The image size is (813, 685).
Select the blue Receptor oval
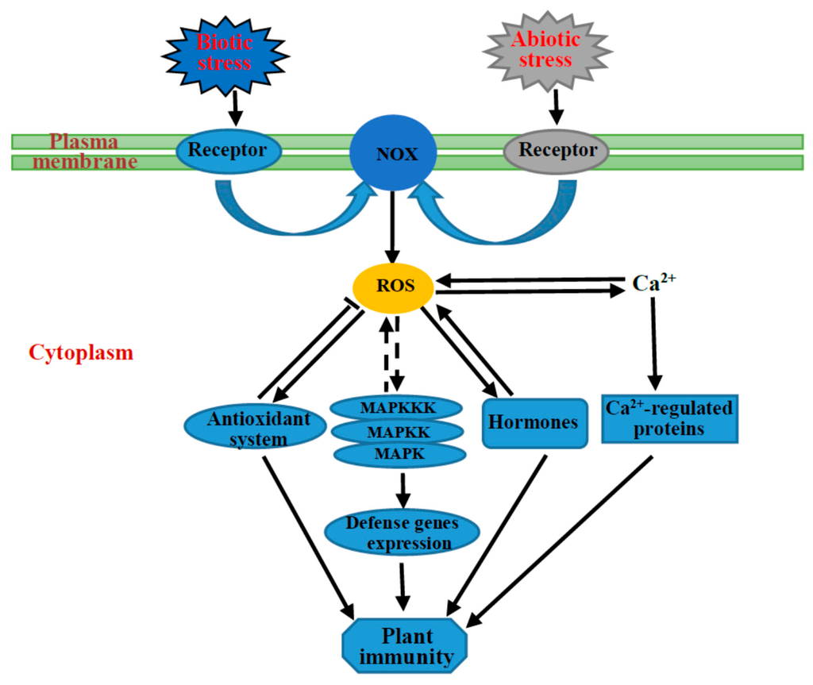[227, 149]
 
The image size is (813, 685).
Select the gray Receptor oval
[556, 149]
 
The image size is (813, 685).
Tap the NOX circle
[394, 154]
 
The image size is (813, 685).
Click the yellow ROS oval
[395, 285]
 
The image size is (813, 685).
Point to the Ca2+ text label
[653, 283]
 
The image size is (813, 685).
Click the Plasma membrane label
[84, 152]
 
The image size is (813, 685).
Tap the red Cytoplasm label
[81, 352]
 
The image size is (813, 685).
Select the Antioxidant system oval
[255, 428]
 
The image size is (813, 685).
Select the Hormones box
[534, 422]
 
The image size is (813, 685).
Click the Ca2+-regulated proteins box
[670, 418]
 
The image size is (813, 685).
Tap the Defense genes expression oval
[403, 533]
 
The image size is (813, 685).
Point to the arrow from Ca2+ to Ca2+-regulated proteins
[654, 341]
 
